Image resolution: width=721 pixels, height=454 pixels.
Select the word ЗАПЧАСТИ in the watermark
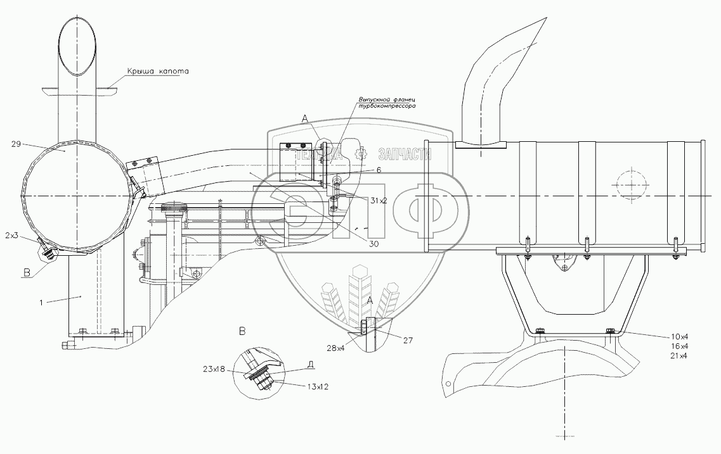point(404,154)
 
